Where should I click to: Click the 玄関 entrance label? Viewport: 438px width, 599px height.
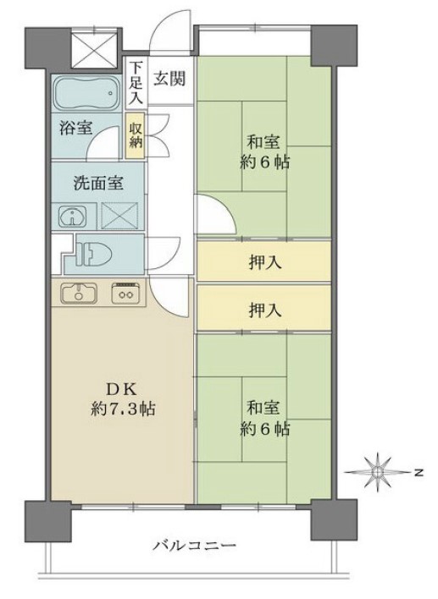(x=170, y=79)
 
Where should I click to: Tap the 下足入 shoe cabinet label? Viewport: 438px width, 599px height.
(x=136, y=83)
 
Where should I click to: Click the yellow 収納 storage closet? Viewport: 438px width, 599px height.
(x=136, y=135)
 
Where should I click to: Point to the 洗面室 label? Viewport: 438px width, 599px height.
(x=98, y=184)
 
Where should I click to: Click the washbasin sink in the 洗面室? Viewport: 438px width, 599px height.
(x=73, y=217)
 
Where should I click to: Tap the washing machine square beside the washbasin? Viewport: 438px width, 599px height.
(x=119, y=216)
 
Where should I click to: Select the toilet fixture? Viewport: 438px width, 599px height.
(x=94, y=254)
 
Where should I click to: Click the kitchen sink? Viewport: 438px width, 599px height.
(x=79, y=293)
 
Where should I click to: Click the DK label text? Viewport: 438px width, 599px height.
(x=121, y=390)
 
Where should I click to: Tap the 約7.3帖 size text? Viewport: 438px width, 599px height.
(x=123, y=409)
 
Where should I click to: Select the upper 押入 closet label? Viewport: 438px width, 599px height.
(x=265, y=263)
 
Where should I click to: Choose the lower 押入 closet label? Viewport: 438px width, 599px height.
(x=265, y=310)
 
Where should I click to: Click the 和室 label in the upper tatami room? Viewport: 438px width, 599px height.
(x=263, y=142)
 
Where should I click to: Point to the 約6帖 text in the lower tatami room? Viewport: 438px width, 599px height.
(x=264, y=429)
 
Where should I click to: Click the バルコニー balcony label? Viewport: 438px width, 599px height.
(x=195, y=545)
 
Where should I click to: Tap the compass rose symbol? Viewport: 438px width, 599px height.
(x=378, y=473)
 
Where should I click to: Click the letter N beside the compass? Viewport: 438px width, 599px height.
(x=419, y=473)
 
